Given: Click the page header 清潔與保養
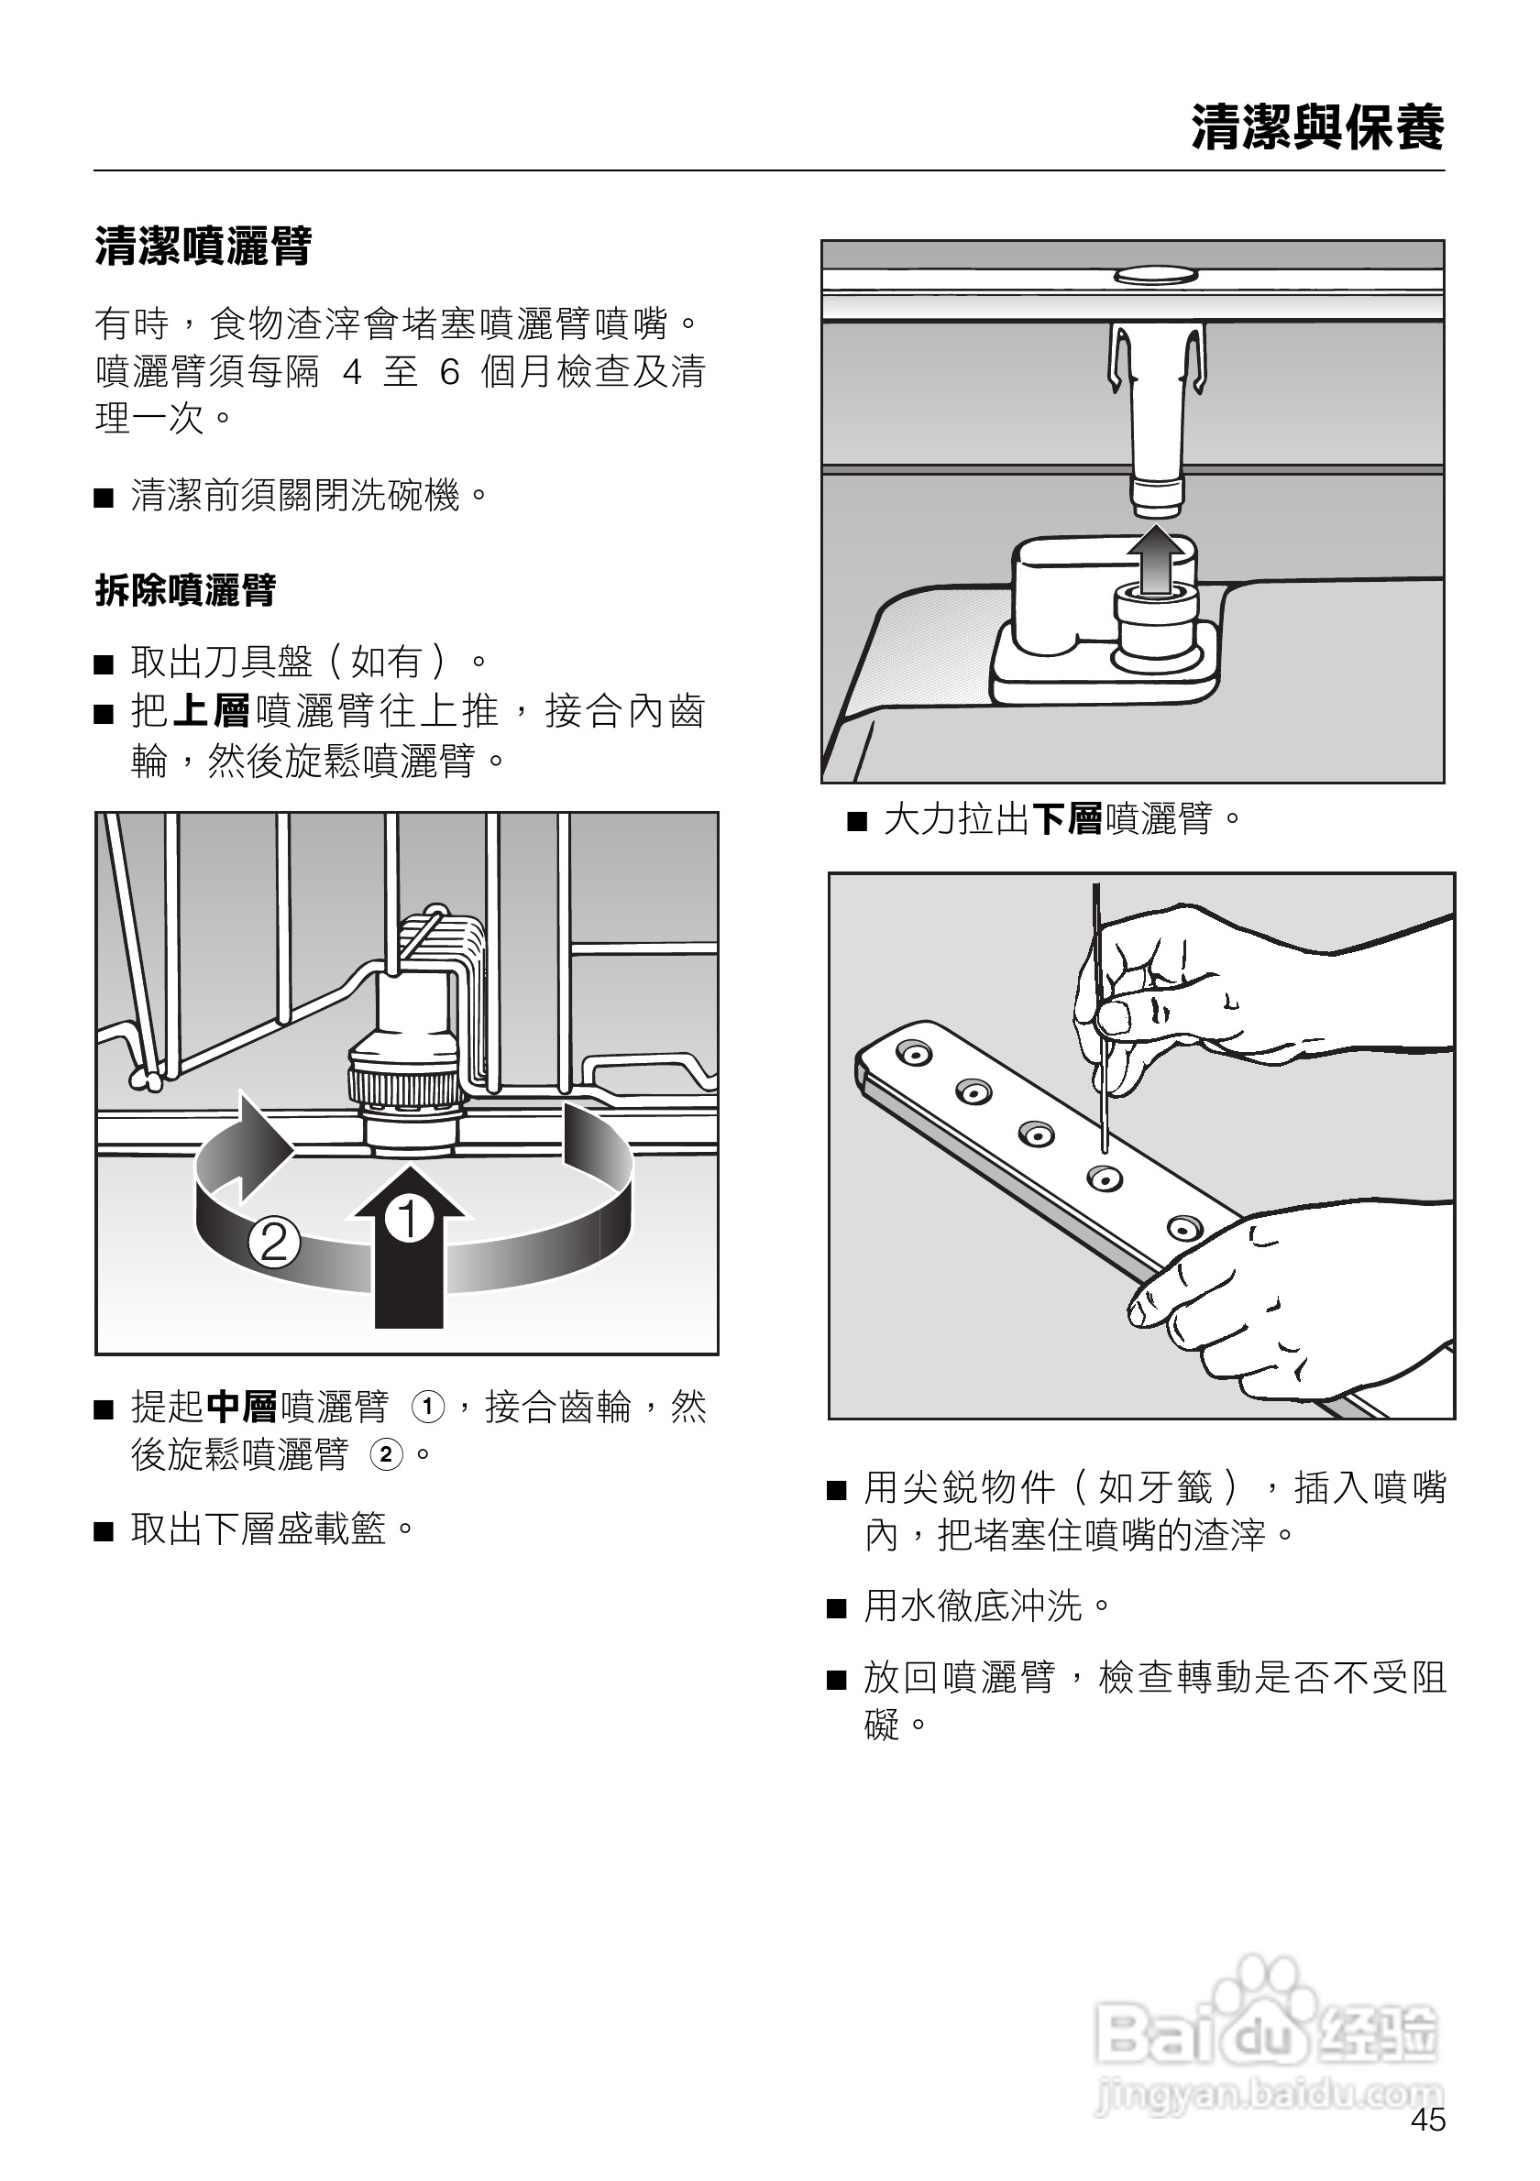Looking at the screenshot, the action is pyautogui.click(x=1317, y=127).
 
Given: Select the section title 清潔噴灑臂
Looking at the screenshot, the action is pyautogui.click(x=203, y=246).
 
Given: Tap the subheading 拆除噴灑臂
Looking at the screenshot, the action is pyautogui.click(x=185, y=590).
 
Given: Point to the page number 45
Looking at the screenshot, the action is pyautogui.click(x=1428, y=2121).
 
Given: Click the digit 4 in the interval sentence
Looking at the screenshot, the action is pyautogui.click(x=353, y=371).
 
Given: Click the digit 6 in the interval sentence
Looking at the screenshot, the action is pyautogui.click(x=449, y=371).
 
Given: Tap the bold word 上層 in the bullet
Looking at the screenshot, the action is pyautogui.click(x=211, y=710).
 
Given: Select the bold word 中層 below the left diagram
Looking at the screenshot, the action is pyautogui.click(x=241, y=1407).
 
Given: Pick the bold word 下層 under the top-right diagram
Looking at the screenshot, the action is pyautogui.click(x=1066, y=817).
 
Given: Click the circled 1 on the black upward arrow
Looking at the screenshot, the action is pyautogui.click(x=410, y=1220).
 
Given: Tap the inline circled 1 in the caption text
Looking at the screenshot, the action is pyautogui.click(x=427, y=1407).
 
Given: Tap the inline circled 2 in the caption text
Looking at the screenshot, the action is pyautogui.click(x=387, y=1454).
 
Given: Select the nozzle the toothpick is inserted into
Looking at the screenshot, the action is pyautogui.click(x=1104, y=1178).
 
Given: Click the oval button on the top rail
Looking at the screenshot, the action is pyautogui.click(x=1155, y=276).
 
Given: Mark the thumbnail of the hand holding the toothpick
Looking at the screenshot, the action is pyautogui.click(x=1113, y=1018).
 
